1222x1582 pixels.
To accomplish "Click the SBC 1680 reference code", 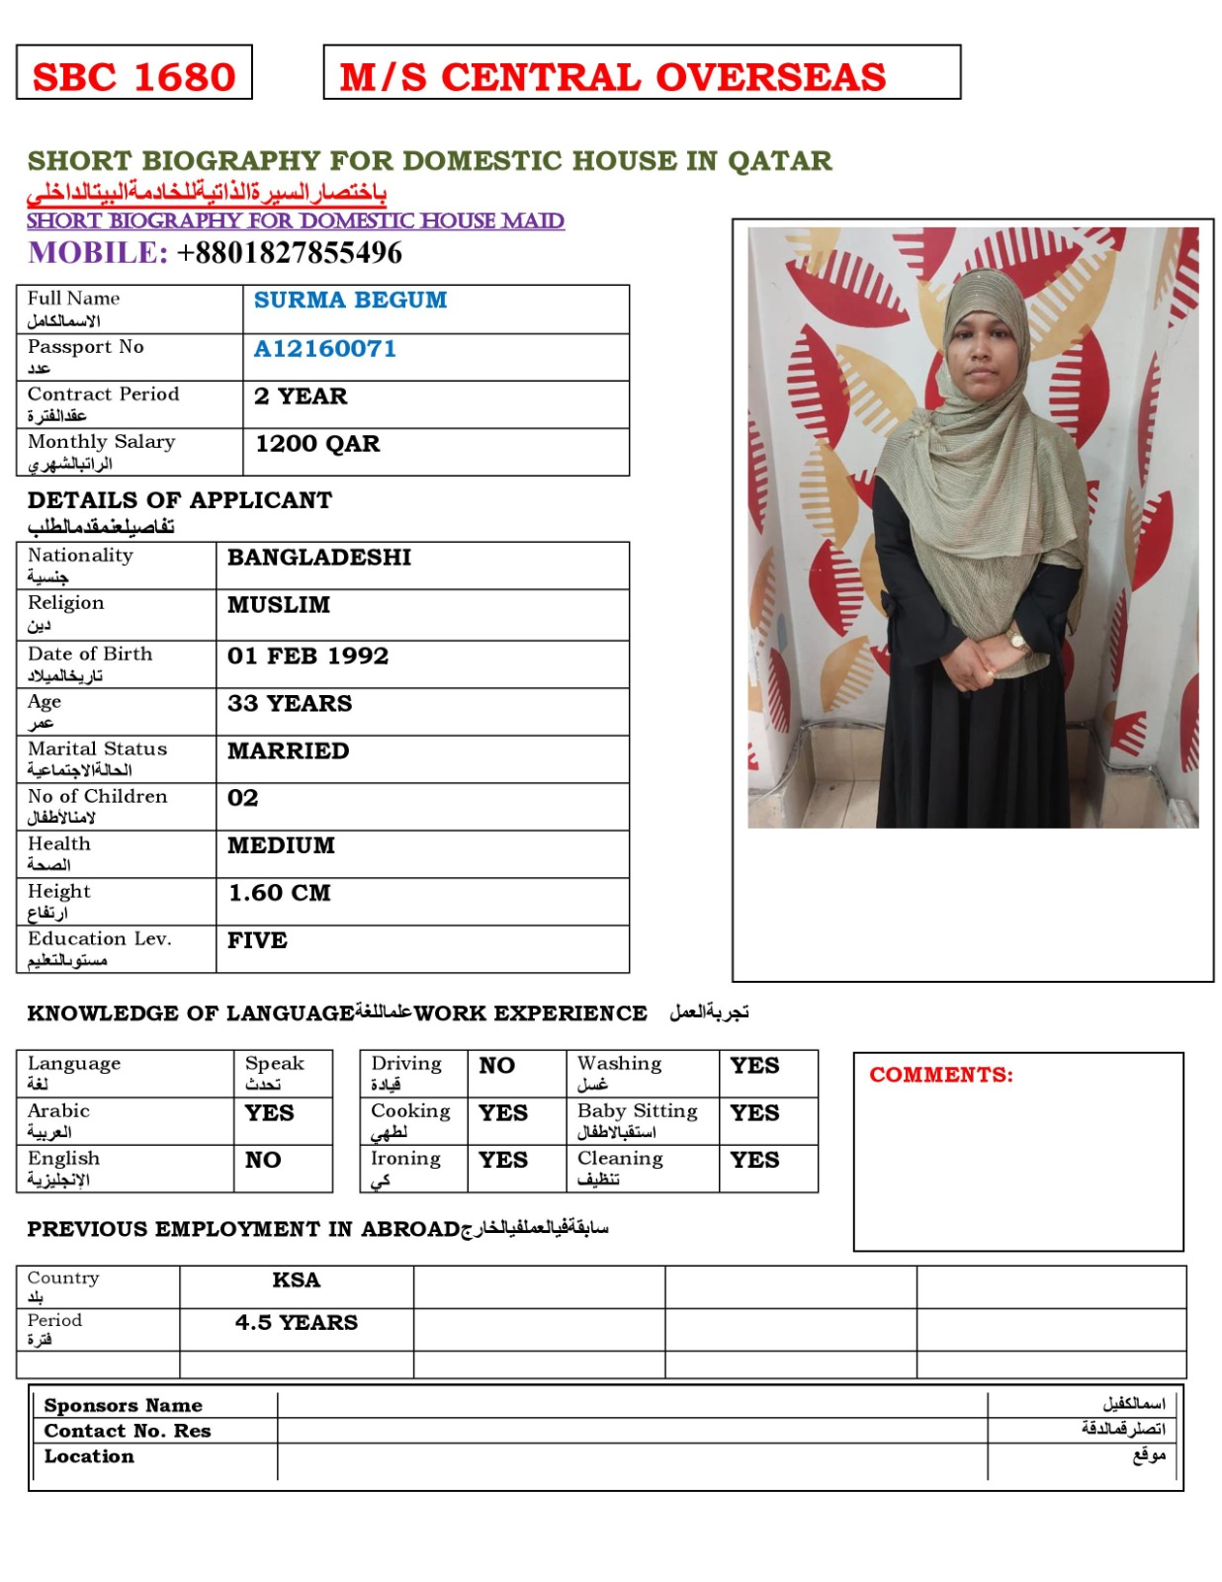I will tap(133, 77).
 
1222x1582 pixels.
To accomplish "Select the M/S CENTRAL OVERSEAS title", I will tap(613, 77).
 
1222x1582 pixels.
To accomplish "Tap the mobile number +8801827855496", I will tap(289, 253).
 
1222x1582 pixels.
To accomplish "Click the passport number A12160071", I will tap(324, 349).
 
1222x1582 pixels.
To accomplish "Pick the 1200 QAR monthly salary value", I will tap(317, 444).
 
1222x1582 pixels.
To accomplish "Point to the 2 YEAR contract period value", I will tap(301, 396).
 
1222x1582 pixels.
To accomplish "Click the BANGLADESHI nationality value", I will tap(319, 558).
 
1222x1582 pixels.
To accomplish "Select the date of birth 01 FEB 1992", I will tap(307, 657).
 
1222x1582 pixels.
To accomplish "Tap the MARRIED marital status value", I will tap(288, 751).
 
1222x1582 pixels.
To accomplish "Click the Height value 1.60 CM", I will tap(280, 894).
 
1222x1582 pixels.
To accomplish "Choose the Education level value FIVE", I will tap(257, 941).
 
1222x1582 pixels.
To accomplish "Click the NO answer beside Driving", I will tap(496, 1066).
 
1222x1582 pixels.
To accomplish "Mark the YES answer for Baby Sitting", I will tap(754, 1113).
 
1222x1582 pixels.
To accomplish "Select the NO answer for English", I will tap(263, 1161).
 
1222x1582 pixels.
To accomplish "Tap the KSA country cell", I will tap(297, 1280).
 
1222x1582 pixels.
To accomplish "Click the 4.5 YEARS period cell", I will tap(297, 1323).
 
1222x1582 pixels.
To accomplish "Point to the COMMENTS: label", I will tap(941, 1076).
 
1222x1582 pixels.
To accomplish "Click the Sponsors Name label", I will tap(123, 1406).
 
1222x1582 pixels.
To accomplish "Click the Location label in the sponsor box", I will tap(89, 1456).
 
